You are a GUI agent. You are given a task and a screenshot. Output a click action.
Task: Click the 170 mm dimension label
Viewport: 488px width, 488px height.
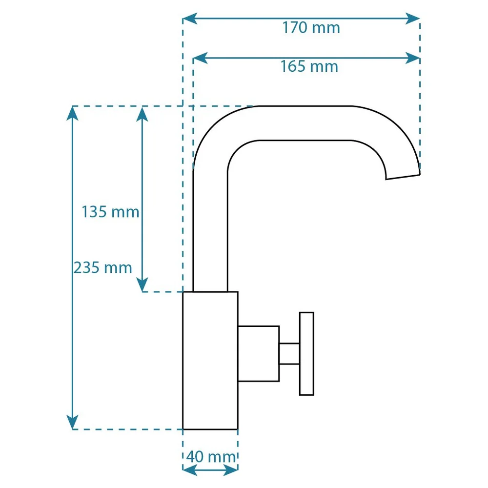click(x=311, y=28)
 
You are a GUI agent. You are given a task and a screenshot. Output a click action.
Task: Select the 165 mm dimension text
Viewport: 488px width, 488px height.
click(x=309, y=66)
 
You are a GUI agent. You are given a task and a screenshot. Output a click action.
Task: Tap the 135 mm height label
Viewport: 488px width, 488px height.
click(x=110, y=212)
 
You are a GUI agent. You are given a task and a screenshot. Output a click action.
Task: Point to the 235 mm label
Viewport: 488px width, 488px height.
click(x=102, y=267)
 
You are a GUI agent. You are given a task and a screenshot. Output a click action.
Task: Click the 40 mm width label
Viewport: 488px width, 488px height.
click(x=211, y=457)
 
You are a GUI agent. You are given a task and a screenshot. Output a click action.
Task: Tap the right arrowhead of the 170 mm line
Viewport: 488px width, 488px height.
click(x=413, y=19)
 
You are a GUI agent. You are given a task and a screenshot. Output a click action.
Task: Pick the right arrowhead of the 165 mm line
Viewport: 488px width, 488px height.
click(x=413, y=58)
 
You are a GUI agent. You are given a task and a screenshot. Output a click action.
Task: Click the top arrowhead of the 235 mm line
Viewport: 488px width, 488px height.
click(x=72, y=113)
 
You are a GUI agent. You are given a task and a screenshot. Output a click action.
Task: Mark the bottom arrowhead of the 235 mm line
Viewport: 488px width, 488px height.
click(x=72, y=422)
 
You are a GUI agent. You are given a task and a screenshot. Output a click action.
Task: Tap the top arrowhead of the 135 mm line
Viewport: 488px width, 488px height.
click(x=142, y=114)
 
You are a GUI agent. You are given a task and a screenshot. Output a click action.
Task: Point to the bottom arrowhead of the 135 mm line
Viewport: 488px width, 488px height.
click(x=142, y=285)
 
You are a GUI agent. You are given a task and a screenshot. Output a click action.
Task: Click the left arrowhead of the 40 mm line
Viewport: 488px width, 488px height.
click(x=190, y=470)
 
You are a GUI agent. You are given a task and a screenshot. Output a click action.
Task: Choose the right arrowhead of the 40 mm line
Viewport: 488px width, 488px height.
click(x=231, y=470)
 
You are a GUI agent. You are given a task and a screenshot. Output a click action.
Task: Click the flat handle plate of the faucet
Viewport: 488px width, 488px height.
click(x=306, y=353)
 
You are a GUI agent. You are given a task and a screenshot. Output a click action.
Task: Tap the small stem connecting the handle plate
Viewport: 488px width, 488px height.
click(x=289, y=353)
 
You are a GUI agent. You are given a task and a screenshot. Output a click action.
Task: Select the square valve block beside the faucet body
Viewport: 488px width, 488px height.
click(x=258, y=353)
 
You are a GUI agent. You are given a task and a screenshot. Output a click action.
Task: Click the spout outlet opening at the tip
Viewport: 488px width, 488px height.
click(x=403, y=177)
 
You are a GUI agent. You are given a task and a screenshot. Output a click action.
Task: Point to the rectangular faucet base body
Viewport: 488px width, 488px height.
click(x=210, y=361)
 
